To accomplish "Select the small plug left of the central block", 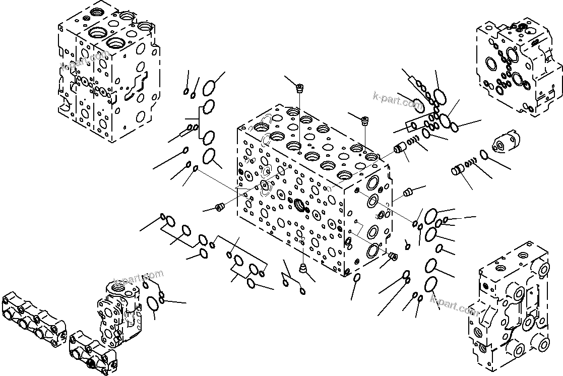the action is [220, 207].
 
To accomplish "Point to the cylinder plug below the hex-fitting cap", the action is [458, 169].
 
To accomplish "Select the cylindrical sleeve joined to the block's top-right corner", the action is [400, 147].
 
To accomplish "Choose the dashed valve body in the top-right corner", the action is [518, 68].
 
